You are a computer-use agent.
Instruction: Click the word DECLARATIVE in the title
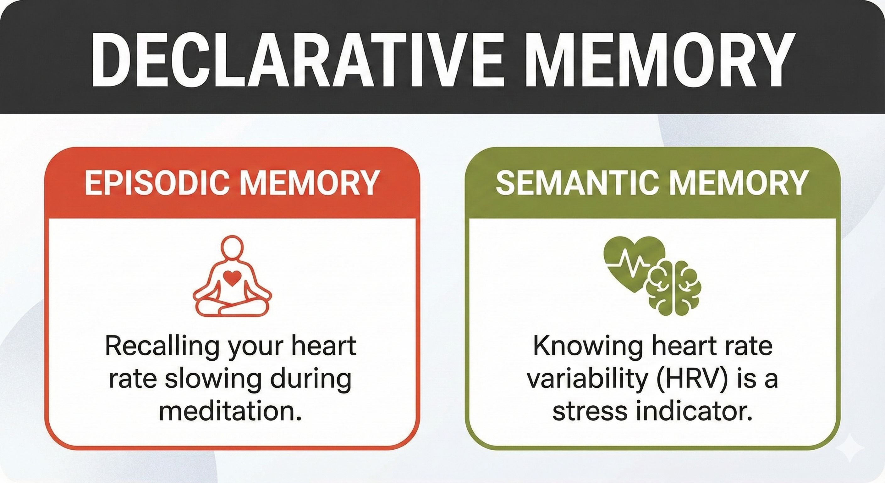click(x=299, y=60)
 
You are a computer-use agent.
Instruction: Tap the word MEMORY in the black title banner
click(x=660, y=60)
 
